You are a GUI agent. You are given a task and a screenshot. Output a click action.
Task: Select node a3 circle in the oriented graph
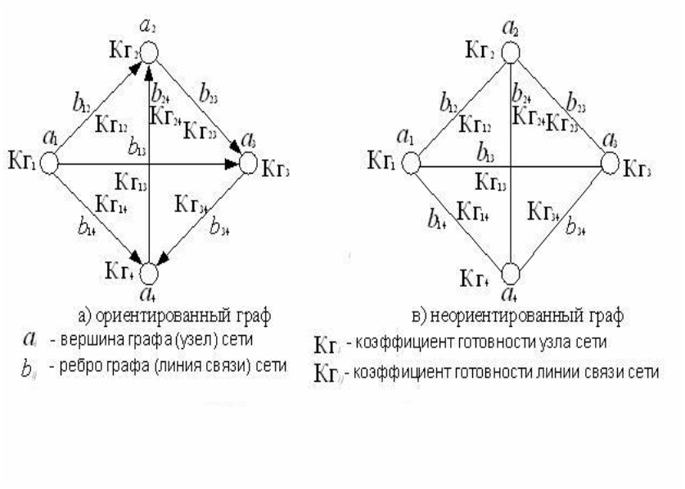(x=249, y=165)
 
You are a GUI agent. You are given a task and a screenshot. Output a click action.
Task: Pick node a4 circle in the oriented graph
(x=150, y=273)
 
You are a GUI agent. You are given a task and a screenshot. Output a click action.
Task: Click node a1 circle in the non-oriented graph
(x=410, y=165)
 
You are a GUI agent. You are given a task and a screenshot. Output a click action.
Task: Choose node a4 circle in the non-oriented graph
(x=511, y=273)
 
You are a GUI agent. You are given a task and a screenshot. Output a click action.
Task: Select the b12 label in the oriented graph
(x=81, y=104)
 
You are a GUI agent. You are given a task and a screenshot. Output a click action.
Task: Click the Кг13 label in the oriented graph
(x=133, y=180)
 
